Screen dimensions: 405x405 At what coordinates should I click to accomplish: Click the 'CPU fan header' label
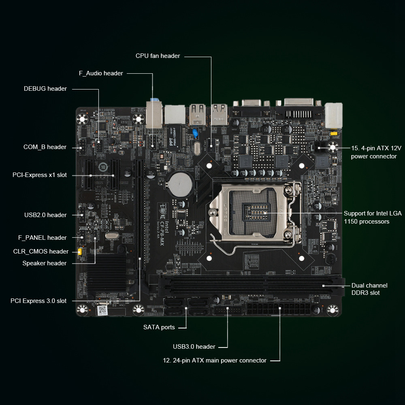(x=158, y=56)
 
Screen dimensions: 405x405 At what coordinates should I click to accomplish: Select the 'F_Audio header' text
(x=101, y=73)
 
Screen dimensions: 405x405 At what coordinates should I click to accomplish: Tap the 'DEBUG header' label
(x=45, y=89)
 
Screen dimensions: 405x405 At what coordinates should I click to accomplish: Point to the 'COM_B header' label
(x=45, y=147)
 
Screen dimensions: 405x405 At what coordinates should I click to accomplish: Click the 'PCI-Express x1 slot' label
(x=39, y=175)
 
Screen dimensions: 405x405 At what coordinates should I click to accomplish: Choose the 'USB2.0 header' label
(x=45, y=215)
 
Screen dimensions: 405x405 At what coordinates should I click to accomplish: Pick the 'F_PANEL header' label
(x=42, y=238)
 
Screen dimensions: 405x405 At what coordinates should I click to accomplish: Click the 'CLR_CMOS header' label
(x=40, y=252)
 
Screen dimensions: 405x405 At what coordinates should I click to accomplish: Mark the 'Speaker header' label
(x=44, y=263)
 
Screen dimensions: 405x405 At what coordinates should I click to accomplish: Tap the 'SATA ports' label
(x=159, y=327)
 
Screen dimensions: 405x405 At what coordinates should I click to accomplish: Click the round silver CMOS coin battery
(x=180, y=184)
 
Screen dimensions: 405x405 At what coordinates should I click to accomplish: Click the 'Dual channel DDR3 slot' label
(x=369, y=289)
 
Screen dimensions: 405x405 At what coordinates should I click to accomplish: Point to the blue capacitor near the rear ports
(x=196, y=133)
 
